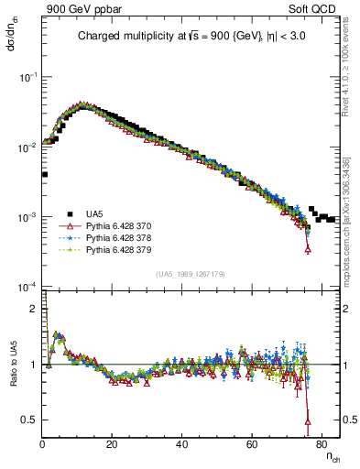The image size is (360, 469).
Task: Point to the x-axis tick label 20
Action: click(113, 446)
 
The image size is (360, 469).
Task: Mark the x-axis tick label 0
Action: click(43, 446)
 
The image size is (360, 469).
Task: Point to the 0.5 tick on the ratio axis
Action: click(31, 420)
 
